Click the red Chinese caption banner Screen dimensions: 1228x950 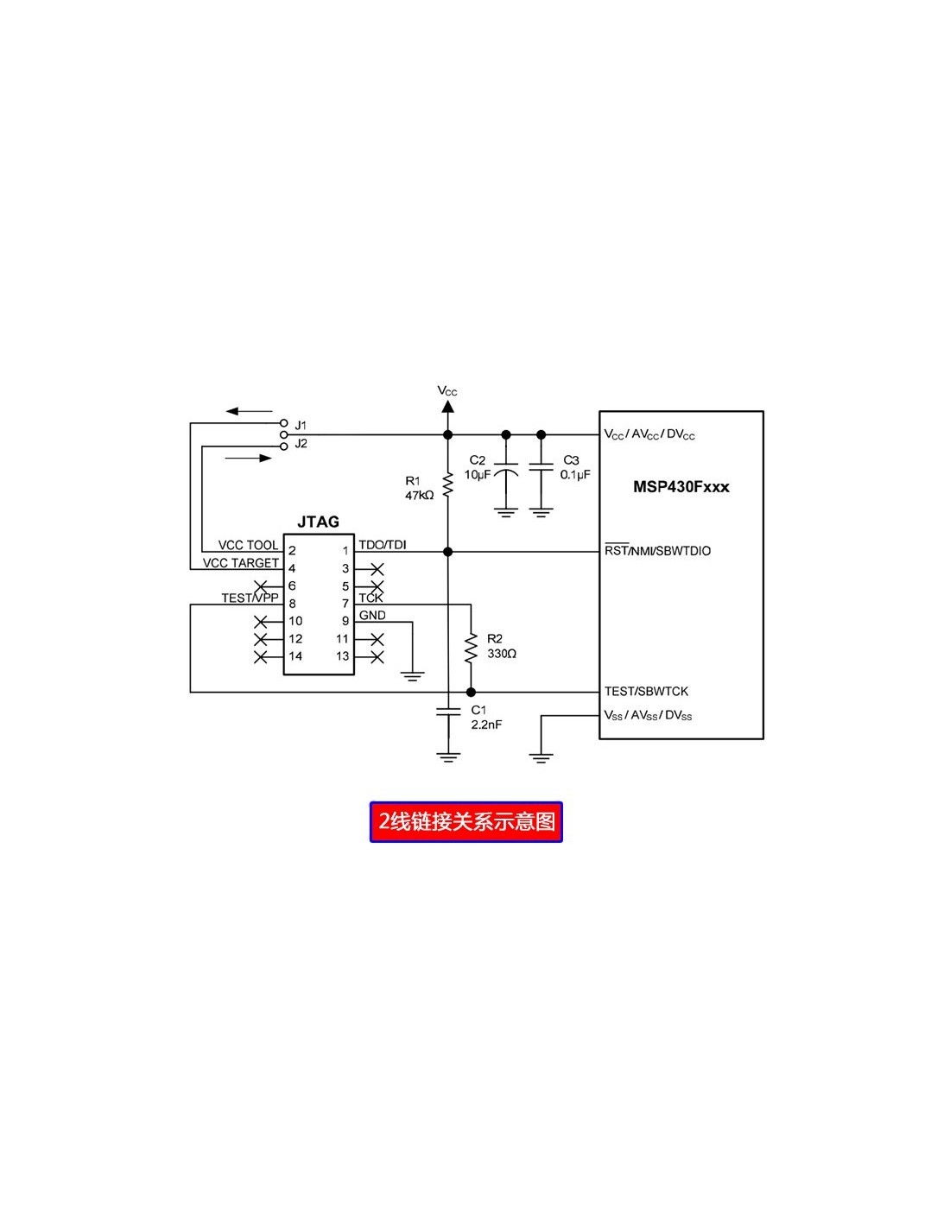pos(465,821)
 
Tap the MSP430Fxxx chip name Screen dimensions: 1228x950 pos(681,487)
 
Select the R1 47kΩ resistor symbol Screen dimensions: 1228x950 pos(447,485)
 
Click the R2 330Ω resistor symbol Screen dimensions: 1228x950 pos(471,648)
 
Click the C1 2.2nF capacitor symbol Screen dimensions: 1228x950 pos(447,712)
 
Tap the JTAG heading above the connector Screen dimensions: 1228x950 pos(318,522)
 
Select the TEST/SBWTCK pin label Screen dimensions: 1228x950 pos(646,692)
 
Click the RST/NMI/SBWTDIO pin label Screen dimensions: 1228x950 pos(657,551)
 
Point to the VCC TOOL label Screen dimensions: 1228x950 pos(248,545)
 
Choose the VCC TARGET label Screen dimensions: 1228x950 pos(241,563)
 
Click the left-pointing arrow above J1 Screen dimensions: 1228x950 pos(249,411)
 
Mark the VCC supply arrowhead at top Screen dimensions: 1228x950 pos(447,405)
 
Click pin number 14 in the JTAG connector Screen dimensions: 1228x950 pos(295,656)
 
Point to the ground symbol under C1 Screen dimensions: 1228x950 pos(447,757)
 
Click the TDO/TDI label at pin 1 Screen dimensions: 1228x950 pos(383,545)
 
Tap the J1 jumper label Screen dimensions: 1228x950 pos(301,425)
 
